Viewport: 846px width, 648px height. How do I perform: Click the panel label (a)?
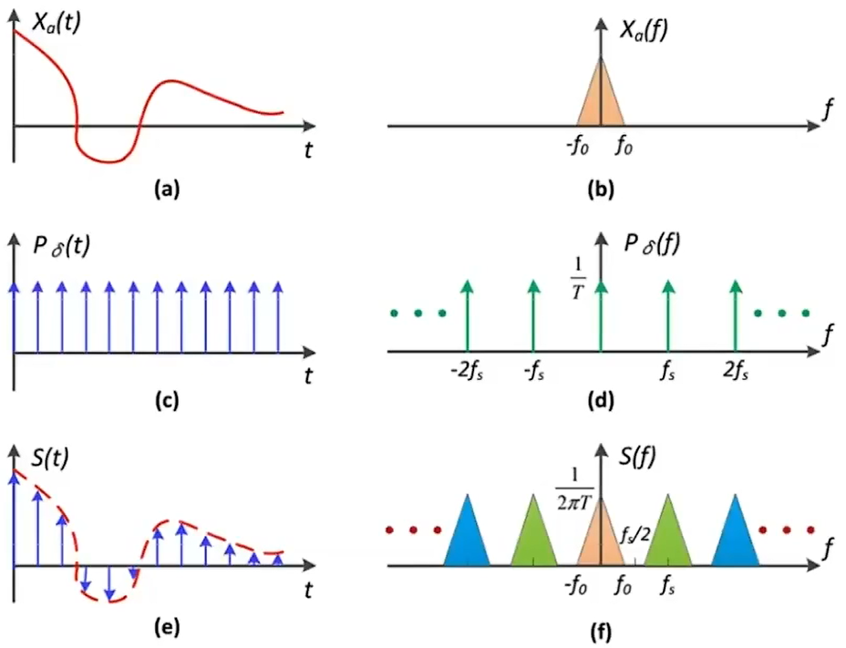point(167,189)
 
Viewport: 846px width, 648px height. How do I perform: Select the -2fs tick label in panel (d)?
point(467,371)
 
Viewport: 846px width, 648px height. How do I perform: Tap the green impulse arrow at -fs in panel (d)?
point(534,314)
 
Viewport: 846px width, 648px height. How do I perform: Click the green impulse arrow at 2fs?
point(736,314)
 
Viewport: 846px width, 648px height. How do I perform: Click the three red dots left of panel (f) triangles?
point(416,529)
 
